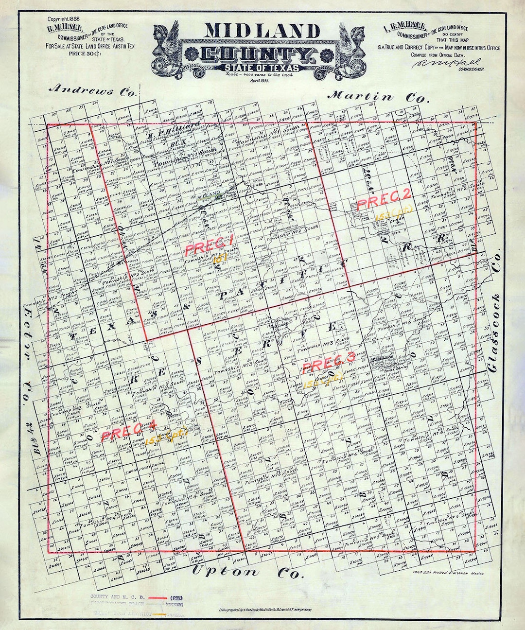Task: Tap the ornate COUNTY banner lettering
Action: tap(256, 55)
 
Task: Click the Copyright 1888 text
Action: tap(63, 19)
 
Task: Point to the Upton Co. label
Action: tap(248, 572)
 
